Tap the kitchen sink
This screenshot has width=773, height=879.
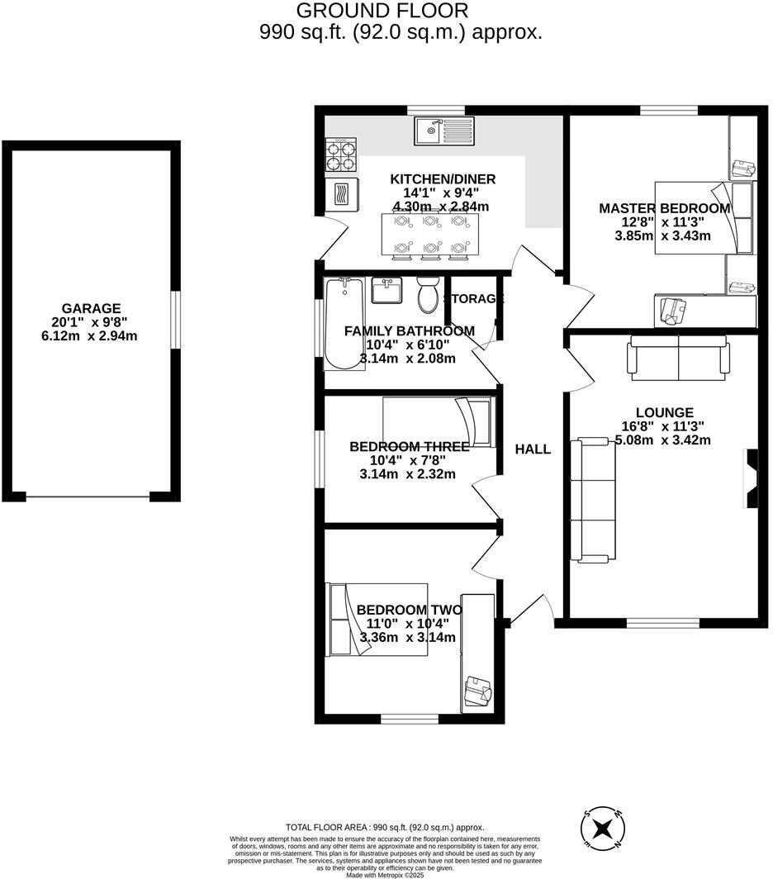click(444, 129)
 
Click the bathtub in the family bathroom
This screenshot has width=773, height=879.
click(343, 323)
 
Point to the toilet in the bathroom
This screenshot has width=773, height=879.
click(428, 296)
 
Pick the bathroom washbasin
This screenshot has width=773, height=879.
click(387, 291)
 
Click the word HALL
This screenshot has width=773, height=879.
click(533, 449)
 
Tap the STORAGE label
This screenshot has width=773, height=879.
click(473, 299)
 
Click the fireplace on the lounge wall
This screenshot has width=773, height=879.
click(751, 478)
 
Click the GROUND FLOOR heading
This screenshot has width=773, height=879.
click(382, 12)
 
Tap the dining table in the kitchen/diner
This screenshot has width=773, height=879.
click(430, 234)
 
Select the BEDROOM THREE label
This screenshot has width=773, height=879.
click(409, 447)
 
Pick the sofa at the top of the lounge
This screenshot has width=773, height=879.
click(678, 356)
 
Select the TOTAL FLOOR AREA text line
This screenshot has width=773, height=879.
click(384, 827)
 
